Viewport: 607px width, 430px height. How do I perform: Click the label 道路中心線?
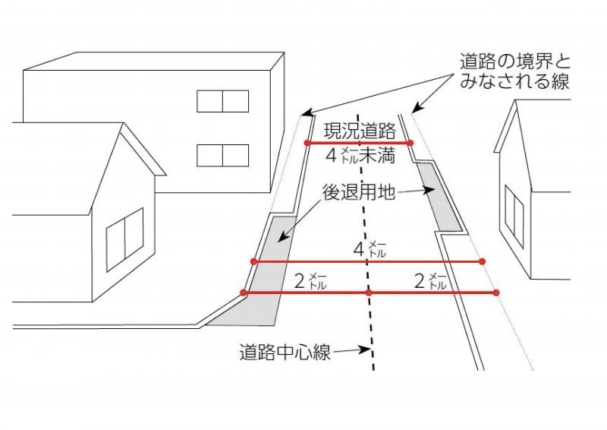[285, 353]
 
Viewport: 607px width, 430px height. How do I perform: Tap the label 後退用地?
[359, 192]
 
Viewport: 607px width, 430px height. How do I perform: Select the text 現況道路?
[359, 130]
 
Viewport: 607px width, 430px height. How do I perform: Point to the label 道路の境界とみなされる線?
[514, 71]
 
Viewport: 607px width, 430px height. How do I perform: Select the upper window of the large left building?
[223, 101]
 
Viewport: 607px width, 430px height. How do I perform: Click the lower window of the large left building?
[223, 155]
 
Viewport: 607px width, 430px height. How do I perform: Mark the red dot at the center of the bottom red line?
[369, 292]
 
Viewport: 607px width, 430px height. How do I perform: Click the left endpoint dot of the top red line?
[307, 143]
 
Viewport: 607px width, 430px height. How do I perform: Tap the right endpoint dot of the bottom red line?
[495, 292]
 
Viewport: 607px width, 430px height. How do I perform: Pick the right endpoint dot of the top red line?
[410, 143]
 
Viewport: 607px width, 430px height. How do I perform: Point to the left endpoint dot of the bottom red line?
[244, 292]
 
